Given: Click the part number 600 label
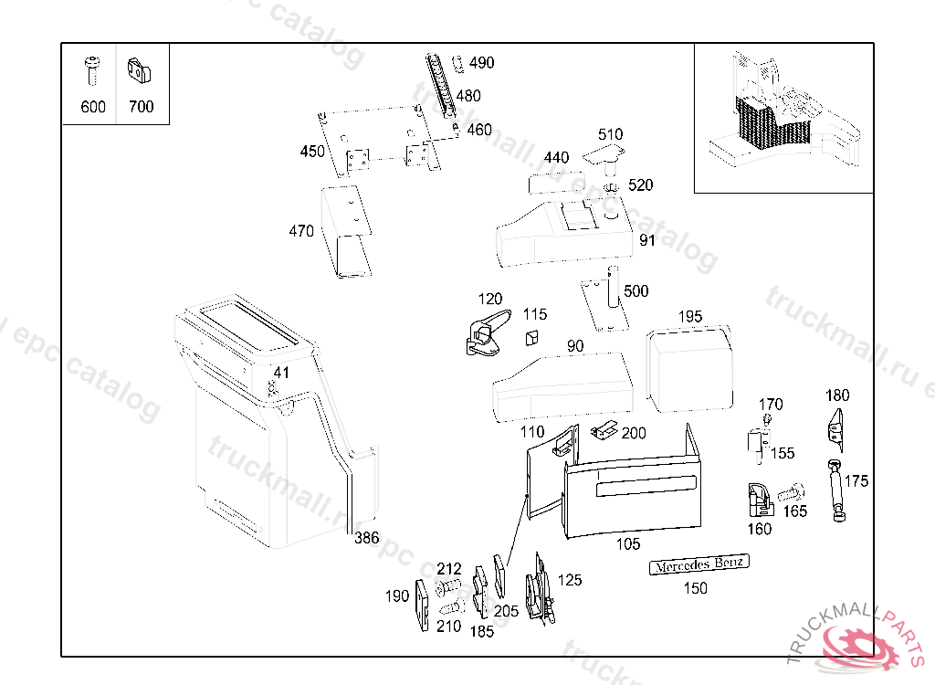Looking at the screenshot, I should tap(93, 107).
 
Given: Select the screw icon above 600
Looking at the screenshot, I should tap(91, 69).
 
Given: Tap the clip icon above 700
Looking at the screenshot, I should tap(139, 68).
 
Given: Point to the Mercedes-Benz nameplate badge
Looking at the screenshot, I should tap(699, 564).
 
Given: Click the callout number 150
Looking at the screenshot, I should tap(696, 589).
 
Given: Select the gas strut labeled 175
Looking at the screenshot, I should tap(835, 490).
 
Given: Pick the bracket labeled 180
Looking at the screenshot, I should tap(835, 427).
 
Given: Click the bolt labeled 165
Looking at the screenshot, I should tap(790, 493).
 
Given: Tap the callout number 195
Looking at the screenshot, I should tap(690, 316).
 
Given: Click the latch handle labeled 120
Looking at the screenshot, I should tap(485, 332).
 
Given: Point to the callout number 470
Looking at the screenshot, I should tap(301, 232).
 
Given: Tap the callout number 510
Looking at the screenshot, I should tap(610, 135).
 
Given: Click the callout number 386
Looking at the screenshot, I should tap(366, 539).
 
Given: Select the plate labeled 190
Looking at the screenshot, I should tap(422, 605).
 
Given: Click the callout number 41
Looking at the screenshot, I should tap(281, 373).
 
